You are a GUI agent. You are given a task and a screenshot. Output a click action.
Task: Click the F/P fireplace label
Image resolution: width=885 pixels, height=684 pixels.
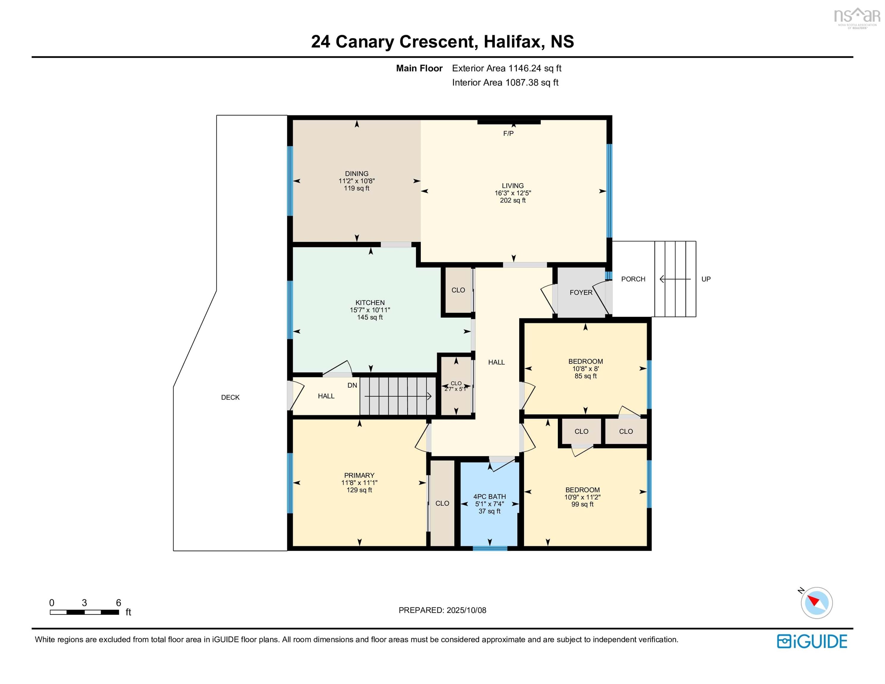tap(508, 133)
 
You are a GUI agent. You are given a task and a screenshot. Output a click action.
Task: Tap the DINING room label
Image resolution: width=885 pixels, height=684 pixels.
tap(357, 173)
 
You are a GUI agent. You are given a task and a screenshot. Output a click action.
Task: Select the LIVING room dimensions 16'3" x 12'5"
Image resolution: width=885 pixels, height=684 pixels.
tap(513, 193)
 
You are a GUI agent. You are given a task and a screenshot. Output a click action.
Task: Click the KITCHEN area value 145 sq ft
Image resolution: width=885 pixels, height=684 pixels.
tap(370, 317)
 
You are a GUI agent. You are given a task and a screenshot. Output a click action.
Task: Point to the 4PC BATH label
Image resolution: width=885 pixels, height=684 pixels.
tap(490, 496)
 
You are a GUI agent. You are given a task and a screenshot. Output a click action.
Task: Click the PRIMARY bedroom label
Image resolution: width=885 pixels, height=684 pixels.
tap(359, 475)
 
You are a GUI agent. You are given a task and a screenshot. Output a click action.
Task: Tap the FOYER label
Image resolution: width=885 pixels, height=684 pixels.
tap(581, 292)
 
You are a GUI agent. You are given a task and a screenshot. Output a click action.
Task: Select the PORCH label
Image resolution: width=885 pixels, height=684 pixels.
tap(633, 279)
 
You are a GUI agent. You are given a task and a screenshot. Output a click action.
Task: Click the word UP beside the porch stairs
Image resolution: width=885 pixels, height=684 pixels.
tap(706, 279)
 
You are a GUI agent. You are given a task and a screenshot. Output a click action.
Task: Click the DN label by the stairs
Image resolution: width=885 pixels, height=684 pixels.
tap(352, 385)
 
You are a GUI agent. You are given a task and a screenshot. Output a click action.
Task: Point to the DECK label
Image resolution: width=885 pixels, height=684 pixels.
tap(230, 398)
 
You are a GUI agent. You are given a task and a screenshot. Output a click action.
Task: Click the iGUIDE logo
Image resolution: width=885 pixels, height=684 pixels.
tap(812, 642)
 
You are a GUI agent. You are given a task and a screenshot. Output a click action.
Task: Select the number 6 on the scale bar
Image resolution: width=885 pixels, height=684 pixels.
tap(118, 603)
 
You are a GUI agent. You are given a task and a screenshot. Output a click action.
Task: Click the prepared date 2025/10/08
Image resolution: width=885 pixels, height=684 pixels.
tap(466, 610)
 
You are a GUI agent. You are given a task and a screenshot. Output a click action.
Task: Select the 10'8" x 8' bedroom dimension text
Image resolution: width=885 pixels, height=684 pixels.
tap(585, 369)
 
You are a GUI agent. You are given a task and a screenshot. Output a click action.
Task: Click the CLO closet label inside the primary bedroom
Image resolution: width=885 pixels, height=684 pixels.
tap(442, 503)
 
